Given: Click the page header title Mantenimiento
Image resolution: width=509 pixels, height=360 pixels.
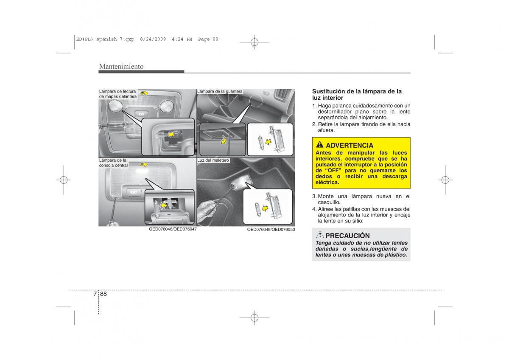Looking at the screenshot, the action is pos(121,66).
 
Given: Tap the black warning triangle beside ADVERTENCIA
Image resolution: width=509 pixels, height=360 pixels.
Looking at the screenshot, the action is pos(319,144).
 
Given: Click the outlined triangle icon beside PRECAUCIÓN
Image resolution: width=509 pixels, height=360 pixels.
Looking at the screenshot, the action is pos(320,234).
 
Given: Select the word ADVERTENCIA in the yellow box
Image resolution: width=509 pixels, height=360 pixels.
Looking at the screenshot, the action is pos(350,145).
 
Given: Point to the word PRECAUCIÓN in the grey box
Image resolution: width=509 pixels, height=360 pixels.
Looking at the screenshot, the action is pos(347,236).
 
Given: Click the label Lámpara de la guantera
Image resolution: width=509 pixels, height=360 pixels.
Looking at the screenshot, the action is pos(220,91).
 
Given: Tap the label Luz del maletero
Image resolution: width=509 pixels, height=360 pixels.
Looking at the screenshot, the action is pos(213,160).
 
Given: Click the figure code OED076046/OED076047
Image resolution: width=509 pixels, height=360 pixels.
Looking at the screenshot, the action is pos(173,229).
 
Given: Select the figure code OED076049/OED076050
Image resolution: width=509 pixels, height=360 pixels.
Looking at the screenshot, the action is pos(271,230).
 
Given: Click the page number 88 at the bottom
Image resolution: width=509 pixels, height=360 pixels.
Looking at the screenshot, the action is pos(103,294).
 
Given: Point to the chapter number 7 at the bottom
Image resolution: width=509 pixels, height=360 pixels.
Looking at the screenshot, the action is pos(95,294).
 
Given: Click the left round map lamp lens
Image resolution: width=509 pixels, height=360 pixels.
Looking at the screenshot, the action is pos(115,106).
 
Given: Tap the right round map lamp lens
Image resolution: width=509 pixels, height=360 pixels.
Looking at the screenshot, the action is pos(167,107).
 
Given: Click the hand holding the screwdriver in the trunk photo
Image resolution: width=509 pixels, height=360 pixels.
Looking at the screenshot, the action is pos(206,211).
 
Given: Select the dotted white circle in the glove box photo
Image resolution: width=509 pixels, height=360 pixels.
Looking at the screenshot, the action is pos(256,101).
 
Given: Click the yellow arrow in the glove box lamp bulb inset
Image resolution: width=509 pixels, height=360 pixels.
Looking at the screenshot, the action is pos(268,142).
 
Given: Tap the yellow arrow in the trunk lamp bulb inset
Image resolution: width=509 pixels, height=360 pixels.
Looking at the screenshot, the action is pos(265,208).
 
